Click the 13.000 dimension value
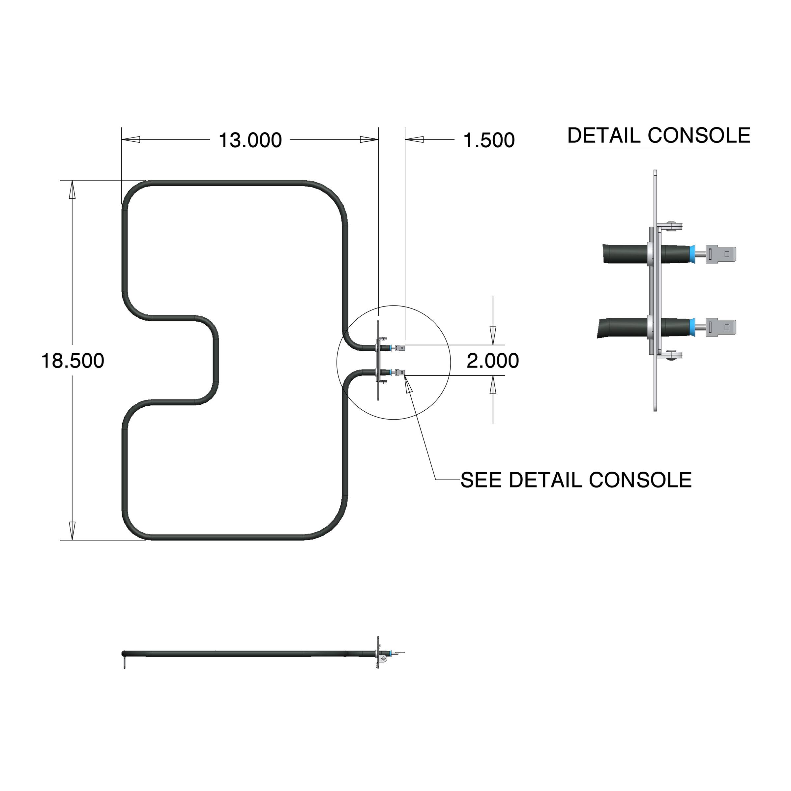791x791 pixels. click(250, 140)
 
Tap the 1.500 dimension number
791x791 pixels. click(489, 140)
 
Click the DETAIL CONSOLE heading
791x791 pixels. click(659, 135)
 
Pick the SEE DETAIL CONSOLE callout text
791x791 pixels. click(576, 480)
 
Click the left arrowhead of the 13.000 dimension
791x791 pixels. click(131, 140)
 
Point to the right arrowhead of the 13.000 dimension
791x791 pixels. click(369, 140)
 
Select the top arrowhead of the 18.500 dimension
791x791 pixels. click(72, 190)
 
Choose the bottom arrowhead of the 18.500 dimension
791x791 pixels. click(72, 531)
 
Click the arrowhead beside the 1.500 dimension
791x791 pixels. click(414, 140)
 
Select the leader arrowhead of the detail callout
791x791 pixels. click(408, 385)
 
